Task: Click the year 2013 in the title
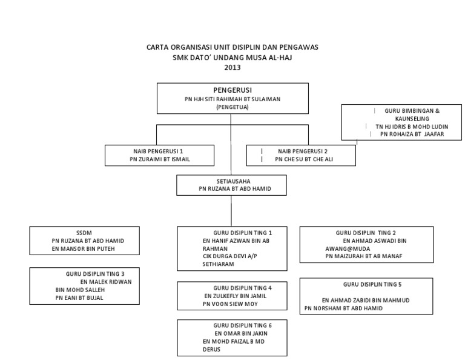point(232,67)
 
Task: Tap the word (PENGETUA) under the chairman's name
point(232,107)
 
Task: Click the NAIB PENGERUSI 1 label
point(159,150)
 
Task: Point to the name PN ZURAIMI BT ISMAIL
point(159,159)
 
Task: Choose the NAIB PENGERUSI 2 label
point(302,150)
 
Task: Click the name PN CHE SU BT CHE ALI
point(304,159)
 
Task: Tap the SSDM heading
point(83,232)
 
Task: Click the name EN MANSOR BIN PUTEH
point(83,248)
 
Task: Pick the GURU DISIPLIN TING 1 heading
point(242,232)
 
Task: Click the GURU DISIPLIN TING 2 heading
point(366,232)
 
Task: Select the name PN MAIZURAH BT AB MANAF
point(364,256)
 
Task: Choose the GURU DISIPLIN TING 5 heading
point(372,284)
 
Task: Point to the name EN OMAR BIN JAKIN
point(240,333)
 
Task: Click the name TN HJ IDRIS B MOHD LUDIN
point(405,126)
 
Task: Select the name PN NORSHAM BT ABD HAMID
point(343,308)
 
